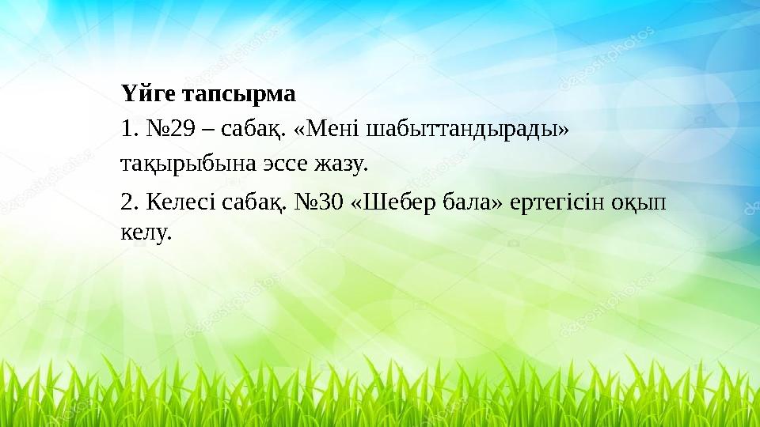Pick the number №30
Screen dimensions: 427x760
click(x=318, y=203)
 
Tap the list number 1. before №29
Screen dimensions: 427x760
click(x=129, y=128)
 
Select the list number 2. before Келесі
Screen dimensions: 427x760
click(x=130, y=203)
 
